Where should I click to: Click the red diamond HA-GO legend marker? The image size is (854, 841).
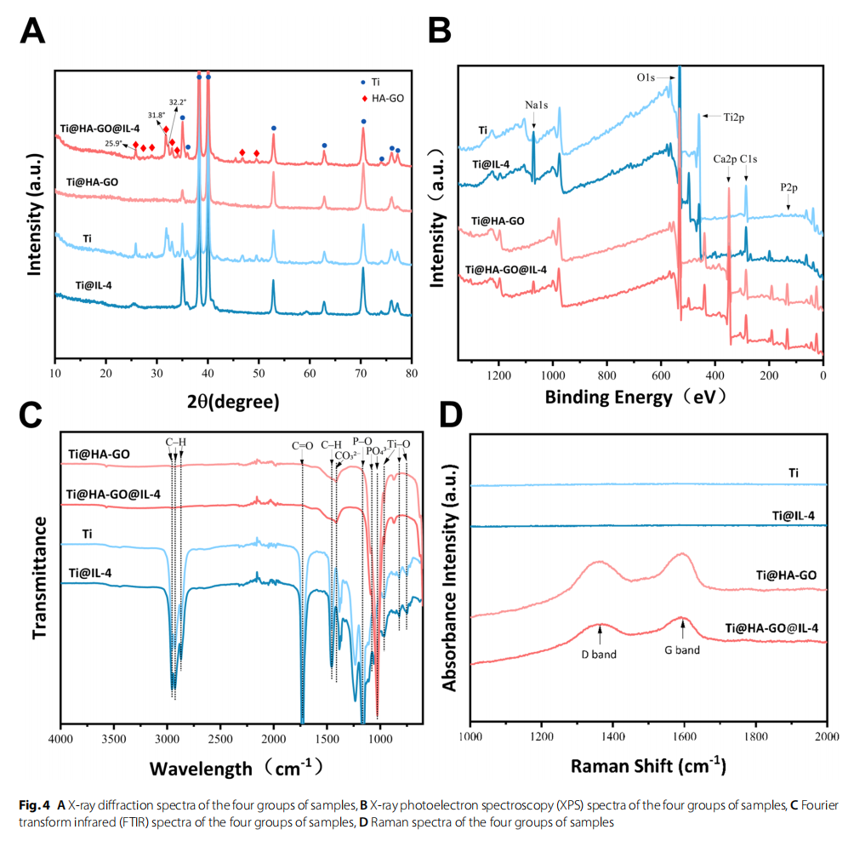[x=365, y=99]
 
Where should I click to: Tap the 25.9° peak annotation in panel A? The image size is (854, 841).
[x=113, y=143]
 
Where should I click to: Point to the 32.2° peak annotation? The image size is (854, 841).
[x=177, y=102]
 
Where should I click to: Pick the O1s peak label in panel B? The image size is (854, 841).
[x=646, y=77]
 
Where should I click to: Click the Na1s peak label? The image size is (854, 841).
[x=536, y=105]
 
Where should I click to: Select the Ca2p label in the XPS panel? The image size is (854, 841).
[x=725, y=158]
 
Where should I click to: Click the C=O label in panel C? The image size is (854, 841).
[x=302, y=445]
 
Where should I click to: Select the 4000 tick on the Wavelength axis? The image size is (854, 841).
[x=60, y=737]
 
